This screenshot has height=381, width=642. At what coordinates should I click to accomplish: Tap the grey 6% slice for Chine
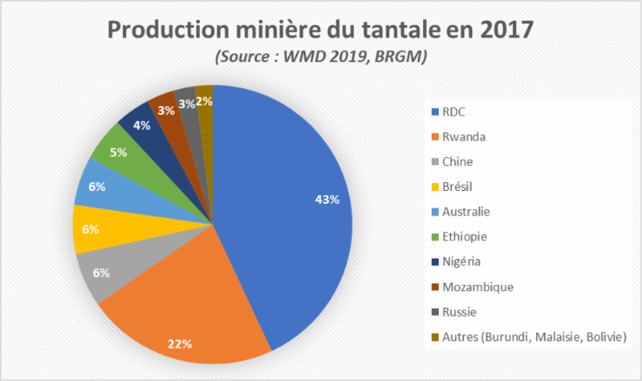pyautogui.click(x=108, y=273)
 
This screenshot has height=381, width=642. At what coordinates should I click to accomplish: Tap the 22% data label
pyautogui.click(x=179, y=344)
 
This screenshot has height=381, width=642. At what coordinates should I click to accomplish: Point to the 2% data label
pyautogui.click(x=205, y=101)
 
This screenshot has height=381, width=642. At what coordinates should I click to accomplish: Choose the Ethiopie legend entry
pyautogui.click(x=464, y=237)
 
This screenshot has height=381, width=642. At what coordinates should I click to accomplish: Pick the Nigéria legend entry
pyautogui.click(x=462, y=261)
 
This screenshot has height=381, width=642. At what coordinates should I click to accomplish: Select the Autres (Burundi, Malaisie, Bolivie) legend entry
pyautogui.click(x=529, y=336)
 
